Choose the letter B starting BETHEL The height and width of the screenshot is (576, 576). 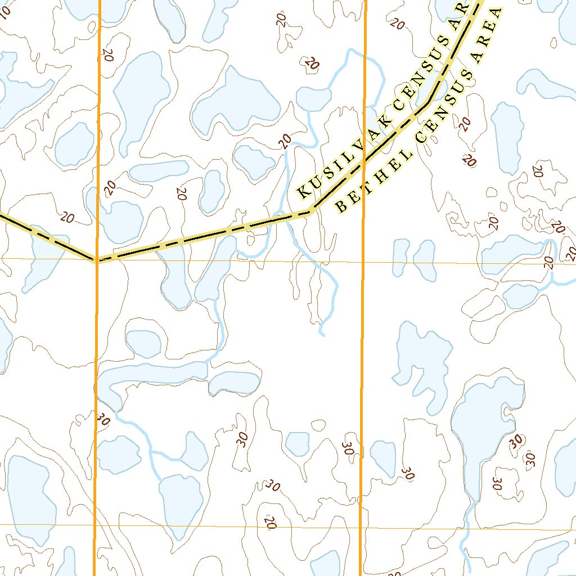341,206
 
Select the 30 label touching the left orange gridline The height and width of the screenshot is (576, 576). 102,418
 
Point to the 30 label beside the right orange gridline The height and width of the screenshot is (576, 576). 348,448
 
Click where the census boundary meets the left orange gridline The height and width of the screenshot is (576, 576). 97,260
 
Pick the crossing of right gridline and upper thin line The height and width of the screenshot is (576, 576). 363,263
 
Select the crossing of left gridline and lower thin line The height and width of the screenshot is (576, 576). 94,525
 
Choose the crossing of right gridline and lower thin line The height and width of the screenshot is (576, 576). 361,528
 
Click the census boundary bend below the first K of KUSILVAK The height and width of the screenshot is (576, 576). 311,211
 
